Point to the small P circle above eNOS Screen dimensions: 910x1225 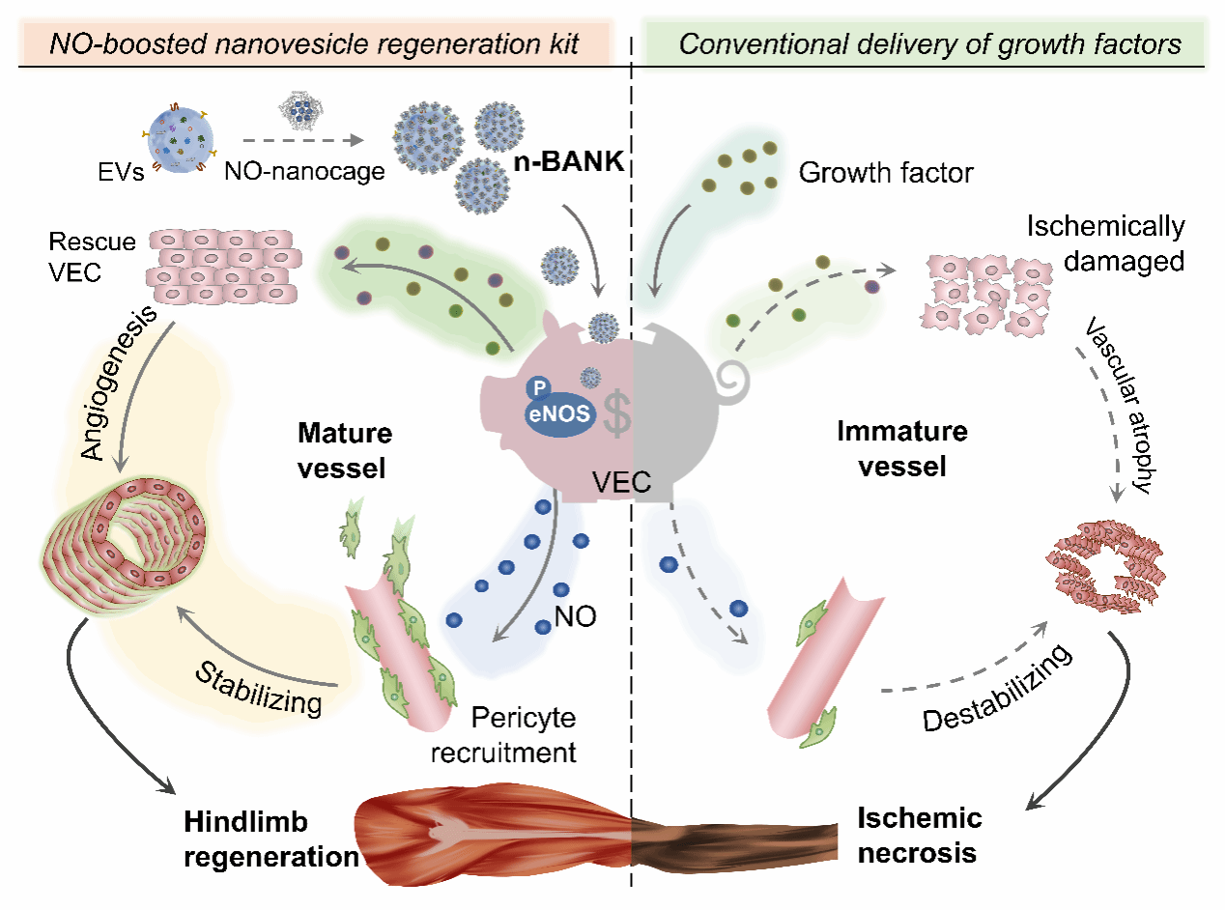(539, 387)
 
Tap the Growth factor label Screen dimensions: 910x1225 (886, 173)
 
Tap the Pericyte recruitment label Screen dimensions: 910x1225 (522, 735)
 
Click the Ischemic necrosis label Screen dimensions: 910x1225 (920, 836)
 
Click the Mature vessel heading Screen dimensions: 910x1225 (342, 449)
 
